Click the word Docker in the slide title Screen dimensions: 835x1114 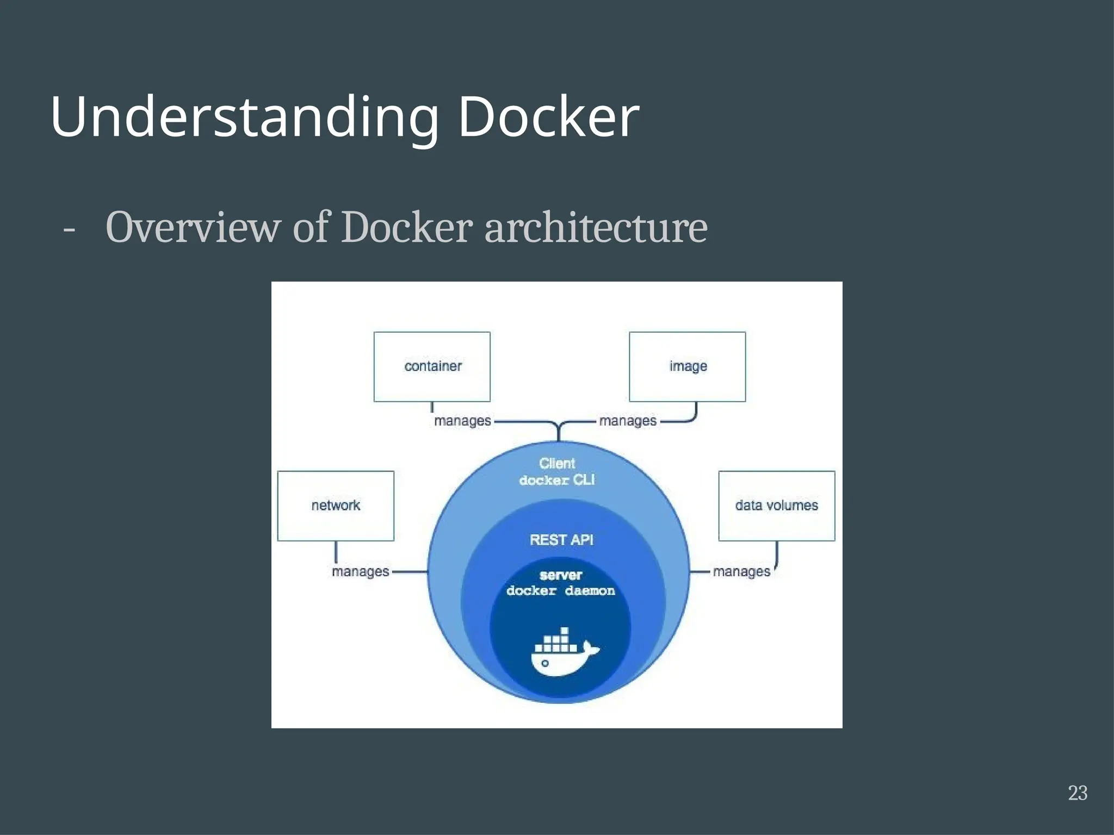[548, 117]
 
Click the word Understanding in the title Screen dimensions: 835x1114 [245, 117]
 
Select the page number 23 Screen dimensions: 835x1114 [1078, 793]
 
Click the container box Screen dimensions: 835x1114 [432, 366]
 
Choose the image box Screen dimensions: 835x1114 [687, 366]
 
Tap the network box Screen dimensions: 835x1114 [336, 506]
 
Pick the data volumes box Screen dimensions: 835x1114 [776, 506]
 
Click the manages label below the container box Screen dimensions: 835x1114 [462, 421]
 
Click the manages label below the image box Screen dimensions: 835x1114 [628, 421]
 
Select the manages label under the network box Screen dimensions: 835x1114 [360, 571]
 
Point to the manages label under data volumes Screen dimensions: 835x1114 [741, 571]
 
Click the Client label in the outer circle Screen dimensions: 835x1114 [557, 463]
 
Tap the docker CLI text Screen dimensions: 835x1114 [557, 480]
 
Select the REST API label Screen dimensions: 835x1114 [561, 540]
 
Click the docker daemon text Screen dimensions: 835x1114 [560, 591]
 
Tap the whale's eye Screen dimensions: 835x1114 [545, 663]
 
